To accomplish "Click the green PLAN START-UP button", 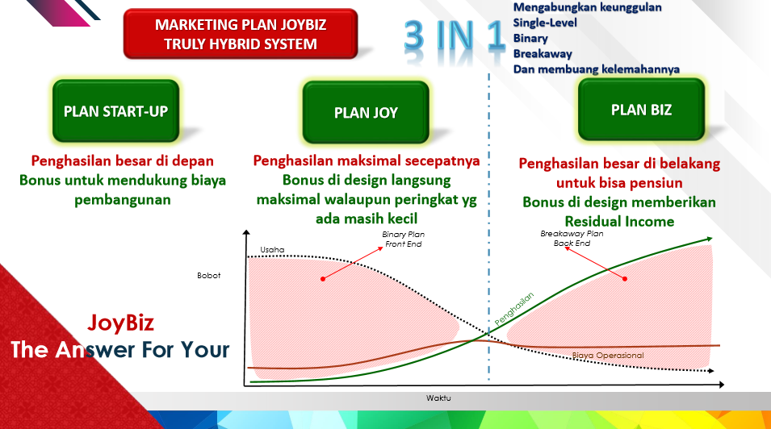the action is [116, 111].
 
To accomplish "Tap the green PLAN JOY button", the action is [366, 113].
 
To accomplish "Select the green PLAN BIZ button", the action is [641, 110].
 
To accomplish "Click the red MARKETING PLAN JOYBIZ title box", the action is [241, 34].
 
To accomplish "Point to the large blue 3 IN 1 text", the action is [455, 36].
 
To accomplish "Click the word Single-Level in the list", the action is [545, 23].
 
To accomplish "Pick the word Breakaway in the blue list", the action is [543, 53].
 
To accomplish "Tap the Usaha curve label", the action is [272, 250].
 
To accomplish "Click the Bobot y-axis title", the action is [209, 276].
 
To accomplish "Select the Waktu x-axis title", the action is [438, 398].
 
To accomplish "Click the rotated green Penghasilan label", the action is [513, 309].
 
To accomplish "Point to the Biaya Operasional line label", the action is [608, 356].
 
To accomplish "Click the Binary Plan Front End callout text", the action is [403, 239].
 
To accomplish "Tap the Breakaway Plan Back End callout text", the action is [572, 239].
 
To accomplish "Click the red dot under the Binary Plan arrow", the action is [323, 279].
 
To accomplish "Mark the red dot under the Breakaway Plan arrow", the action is [625, 279].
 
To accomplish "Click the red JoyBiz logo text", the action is [121, 323].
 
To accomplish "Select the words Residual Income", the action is [619, 222].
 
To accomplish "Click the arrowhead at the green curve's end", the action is [710, 239].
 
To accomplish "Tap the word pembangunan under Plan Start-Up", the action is [123, 200].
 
